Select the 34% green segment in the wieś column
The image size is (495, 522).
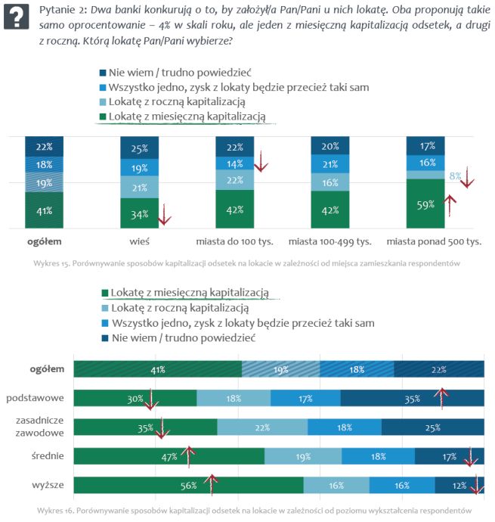[140, 213]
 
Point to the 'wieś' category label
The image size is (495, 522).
[140, 242]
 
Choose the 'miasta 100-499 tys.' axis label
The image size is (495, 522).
[330, 242]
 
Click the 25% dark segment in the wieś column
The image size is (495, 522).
[140, 148]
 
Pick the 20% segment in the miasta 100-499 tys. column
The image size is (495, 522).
[330, 147]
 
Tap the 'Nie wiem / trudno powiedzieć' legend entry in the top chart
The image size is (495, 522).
[179, 72]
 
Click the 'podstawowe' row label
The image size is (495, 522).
[35, 397]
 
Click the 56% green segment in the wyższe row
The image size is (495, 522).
[188, 485]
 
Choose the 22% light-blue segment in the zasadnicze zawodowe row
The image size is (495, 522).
[262, 427]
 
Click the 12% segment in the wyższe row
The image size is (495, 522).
[459, 485]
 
